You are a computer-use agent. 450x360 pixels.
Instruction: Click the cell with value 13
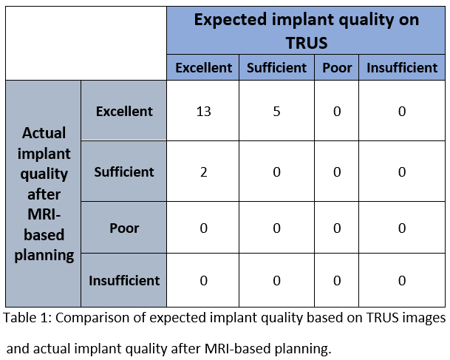[x=203, y=111]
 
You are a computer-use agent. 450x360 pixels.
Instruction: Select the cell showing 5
[x=276, y=111]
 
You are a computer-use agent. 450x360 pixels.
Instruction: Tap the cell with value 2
[x=203, y=172]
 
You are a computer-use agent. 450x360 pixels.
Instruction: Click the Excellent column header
[x=203, y=68]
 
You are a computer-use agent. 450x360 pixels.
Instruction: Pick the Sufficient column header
[x=276, y=68]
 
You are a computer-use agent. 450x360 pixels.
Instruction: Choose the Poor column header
[x=337, y=68]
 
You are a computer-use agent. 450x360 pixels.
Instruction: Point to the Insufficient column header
[x=402, y=68]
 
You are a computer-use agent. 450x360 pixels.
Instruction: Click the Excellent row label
[x=124, y=111]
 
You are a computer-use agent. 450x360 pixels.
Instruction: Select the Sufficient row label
[x=124, y=172]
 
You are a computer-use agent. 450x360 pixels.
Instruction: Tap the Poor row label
[x=124, y=228]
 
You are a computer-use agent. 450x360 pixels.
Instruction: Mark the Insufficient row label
[x=124, y=280]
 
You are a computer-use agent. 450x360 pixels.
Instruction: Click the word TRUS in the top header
[x=307, y=43]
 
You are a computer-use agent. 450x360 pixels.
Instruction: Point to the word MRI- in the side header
[x=44, y=214]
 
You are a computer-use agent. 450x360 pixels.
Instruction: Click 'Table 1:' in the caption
[x=27, y=318]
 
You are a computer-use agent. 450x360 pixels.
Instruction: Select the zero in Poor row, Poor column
[x=337, y=228]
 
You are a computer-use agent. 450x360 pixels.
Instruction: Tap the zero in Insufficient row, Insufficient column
[x=402, y=280]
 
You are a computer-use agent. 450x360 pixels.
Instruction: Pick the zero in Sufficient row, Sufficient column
[x=276, y=172]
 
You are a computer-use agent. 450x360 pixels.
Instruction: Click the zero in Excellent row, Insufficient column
[x=402, y=111]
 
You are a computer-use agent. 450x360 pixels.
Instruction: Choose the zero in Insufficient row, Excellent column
[x=203, y=280]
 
